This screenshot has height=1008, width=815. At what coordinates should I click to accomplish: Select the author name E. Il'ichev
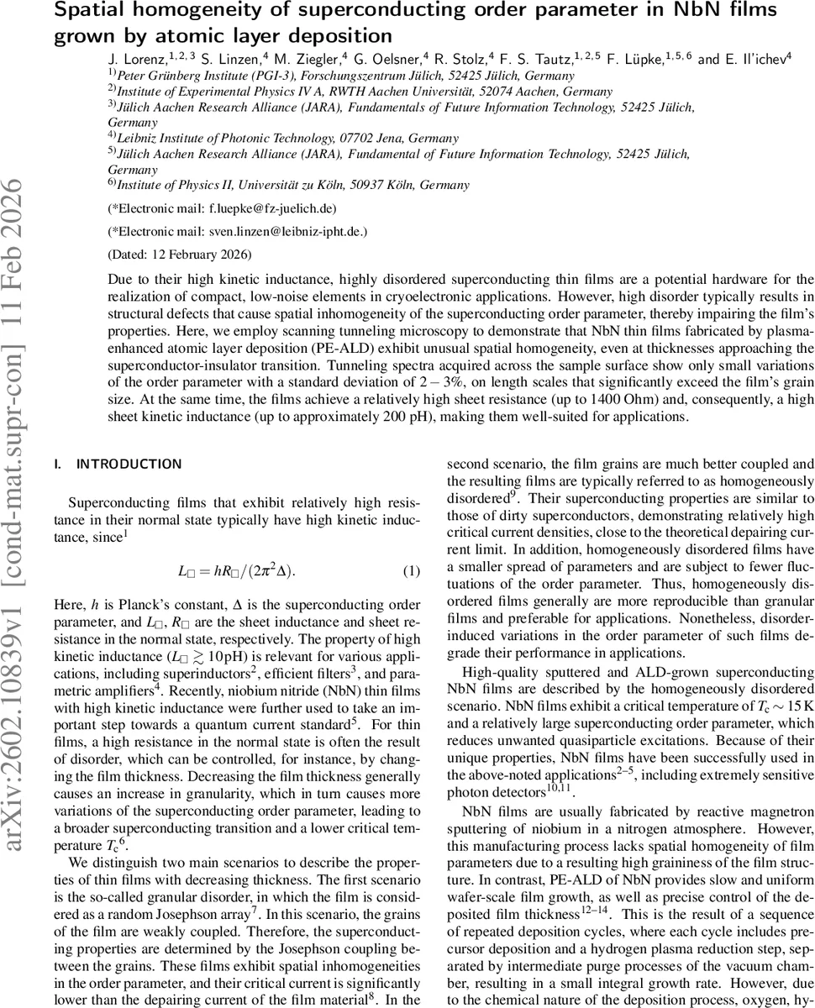753,60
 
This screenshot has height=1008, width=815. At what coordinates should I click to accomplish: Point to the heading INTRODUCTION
129,464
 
